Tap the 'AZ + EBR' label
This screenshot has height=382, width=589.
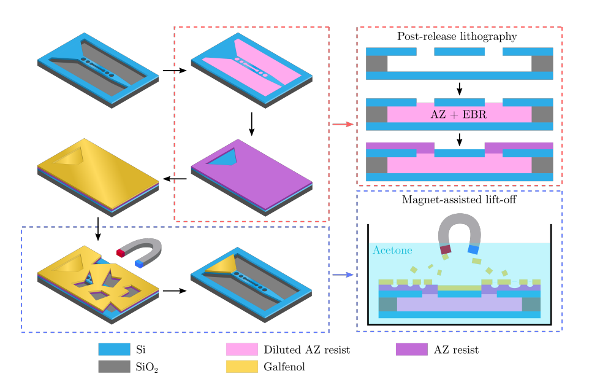459,114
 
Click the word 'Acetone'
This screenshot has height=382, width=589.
392,251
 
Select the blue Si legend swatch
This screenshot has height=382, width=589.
114,350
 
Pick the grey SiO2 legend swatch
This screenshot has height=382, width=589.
114,367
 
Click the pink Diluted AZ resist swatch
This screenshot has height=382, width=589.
242,350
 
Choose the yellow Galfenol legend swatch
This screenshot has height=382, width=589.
242,367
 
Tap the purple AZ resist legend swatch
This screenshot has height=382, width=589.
411,350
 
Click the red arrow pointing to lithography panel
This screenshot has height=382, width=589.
343,125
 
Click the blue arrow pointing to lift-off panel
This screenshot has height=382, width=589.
343,275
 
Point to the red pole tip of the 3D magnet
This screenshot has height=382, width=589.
121,252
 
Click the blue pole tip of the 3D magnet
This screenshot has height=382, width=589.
141,263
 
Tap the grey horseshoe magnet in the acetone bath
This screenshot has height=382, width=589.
459,228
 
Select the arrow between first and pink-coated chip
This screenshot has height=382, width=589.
174,71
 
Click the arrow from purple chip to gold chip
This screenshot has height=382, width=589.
176,179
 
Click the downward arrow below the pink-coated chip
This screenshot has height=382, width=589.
252,124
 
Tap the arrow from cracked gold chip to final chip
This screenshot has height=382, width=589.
174,290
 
